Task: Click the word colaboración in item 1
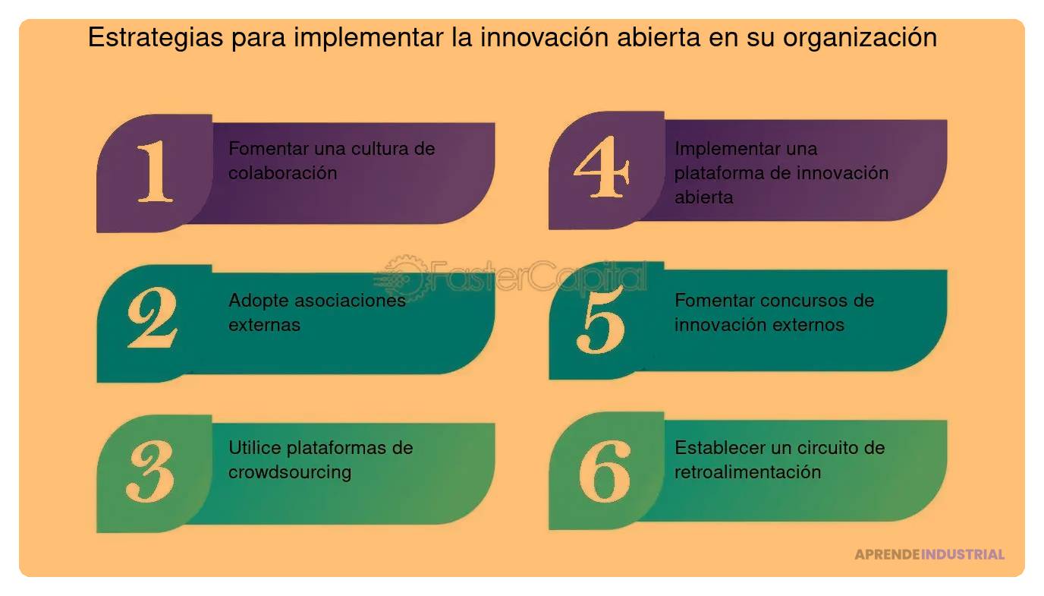(282, 173)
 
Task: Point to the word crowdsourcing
(290, 472)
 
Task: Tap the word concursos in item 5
(804, 301)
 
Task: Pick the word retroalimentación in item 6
(747, 472)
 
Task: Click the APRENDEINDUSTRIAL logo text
(929, 554)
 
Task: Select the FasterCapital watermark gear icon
(403, 276)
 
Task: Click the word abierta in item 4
(703, 197)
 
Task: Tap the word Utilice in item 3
(255, 448)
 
